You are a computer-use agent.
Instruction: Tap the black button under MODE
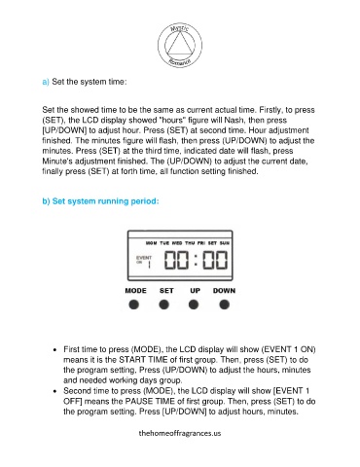[134, 305]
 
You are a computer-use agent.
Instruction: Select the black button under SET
[163, 305]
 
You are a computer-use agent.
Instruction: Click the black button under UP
[194, 305]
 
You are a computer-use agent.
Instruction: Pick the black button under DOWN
[224, 305]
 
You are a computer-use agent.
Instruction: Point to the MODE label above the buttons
[135, 291]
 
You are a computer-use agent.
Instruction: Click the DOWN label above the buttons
[224, 291]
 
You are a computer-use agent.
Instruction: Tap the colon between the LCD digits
[196, 260]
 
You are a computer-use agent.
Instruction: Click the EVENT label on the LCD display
[144, 258]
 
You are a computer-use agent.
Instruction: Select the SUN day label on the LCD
[225, 243]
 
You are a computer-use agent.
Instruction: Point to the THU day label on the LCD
[190, 243]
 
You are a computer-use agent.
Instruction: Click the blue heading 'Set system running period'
[105, 201]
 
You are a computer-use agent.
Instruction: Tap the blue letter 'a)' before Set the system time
[46, 82]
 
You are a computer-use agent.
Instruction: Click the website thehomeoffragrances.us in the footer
[180, 433]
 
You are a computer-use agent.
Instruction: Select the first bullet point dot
[54, 350]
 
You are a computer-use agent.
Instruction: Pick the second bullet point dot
[54, 391]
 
